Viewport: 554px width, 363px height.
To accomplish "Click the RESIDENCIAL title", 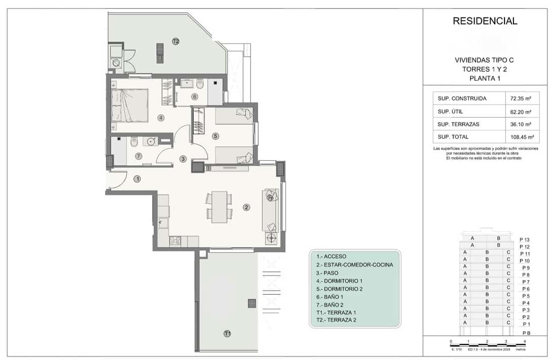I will click(485, 21).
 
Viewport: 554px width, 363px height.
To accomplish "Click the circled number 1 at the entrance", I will click(137, 178).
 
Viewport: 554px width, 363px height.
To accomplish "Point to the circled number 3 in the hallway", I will click(183, 159).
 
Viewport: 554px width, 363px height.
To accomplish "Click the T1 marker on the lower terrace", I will click(228, 333).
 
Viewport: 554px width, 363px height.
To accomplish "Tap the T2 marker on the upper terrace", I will click(176, 41).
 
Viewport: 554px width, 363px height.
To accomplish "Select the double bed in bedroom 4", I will click(130, 106).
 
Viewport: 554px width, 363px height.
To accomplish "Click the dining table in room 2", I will click(219, 206).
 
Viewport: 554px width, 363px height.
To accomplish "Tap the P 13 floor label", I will click(525, 240).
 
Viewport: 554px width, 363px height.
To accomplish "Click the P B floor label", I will click(526, 333).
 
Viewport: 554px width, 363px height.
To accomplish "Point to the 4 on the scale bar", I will click(525, 342).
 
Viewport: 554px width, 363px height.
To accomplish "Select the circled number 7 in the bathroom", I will click(139, 156).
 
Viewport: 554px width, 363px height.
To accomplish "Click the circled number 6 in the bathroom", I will click(194, 97).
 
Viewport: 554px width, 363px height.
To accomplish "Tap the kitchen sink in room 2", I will click(163, 221).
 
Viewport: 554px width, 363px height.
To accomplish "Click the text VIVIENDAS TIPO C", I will click(484, 60).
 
